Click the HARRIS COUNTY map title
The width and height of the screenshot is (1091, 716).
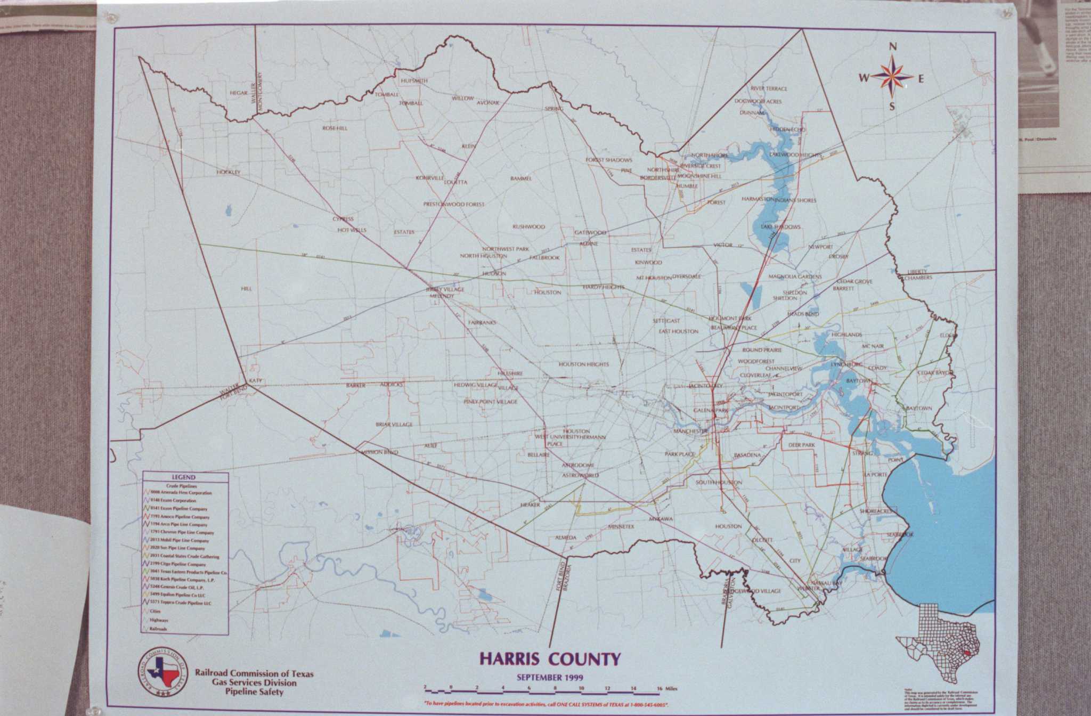coord(550,659)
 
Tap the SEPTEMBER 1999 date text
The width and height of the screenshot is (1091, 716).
coord(550,678)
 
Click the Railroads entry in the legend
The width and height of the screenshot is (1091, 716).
coord(158,629)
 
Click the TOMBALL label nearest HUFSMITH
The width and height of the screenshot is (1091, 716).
coord(387,94)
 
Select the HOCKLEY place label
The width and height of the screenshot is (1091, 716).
coord(229,172)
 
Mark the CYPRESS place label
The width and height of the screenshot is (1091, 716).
coord(343,219)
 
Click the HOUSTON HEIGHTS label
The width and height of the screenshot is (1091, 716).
coord(583,364)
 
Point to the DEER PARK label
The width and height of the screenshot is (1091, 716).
coord(802,445)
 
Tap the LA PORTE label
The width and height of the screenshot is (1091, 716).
coord(875,474)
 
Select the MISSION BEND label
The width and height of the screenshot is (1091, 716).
coord(379,452)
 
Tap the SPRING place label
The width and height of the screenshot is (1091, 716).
coord(553,109)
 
